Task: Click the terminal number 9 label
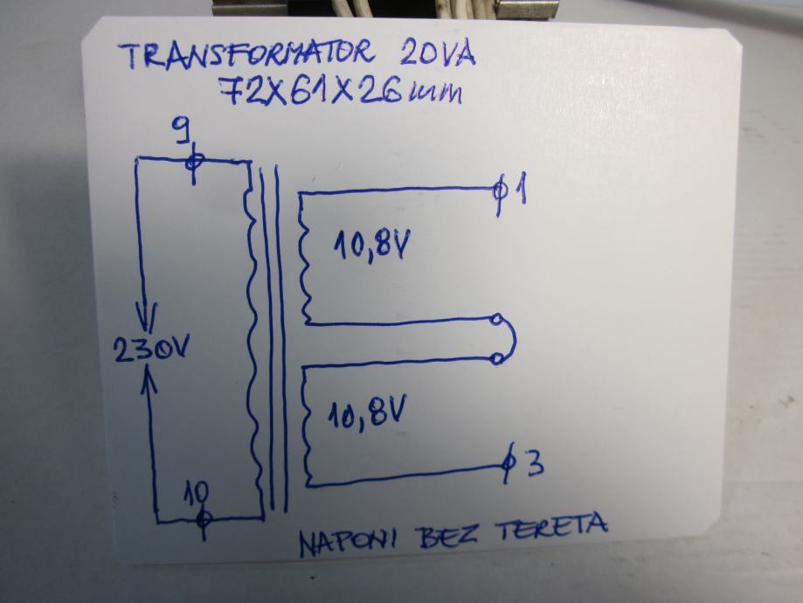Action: pyautogui.click(x=182, y=133)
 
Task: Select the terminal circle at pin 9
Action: pyautogui.click(x=195, y=161)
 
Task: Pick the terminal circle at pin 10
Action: pyautogui.click(x=204, y=518)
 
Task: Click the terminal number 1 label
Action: pyautogui.click(x=519, y=189)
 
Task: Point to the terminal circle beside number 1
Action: pyautogui.click(x=500, y=190)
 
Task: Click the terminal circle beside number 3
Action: pyautogui.click(x=509, y=464)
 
